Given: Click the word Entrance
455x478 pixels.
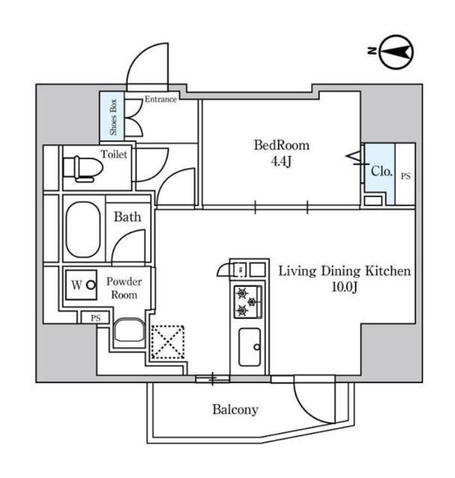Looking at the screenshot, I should coord(160,99).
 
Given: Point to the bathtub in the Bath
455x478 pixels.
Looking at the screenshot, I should coord(83,229).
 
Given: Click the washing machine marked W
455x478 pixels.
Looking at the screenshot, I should coord(82,286).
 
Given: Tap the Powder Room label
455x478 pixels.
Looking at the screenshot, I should coord(124,288).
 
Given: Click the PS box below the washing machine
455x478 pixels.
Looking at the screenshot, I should coord(96,318).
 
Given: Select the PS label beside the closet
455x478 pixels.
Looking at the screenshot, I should coord(405,176).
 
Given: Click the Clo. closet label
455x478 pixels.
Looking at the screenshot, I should coord(382,171).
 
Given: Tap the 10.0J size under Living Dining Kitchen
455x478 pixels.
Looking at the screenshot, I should coord(344,288).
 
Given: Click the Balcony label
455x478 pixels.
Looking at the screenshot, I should coord(235,410).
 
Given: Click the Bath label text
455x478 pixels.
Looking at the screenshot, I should coord(127,216).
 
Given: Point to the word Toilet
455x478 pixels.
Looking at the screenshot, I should coord(114,154).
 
